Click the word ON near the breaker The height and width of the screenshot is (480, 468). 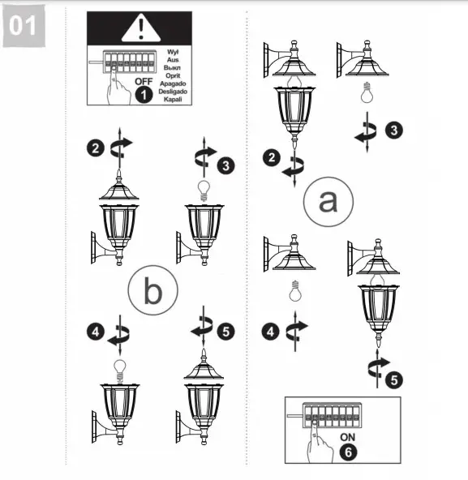pos(348,435)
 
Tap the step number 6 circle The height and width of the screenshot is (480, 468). pos(348,452)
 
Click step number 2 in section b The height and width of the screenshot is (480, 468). pos(97,148)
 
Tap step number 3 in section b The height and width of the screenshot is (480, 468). pos(226,165)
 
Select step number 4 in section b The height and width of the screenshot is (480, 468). pos(97,332)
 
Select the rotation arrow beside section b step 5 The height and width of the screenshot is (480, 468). pos(200,332)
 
